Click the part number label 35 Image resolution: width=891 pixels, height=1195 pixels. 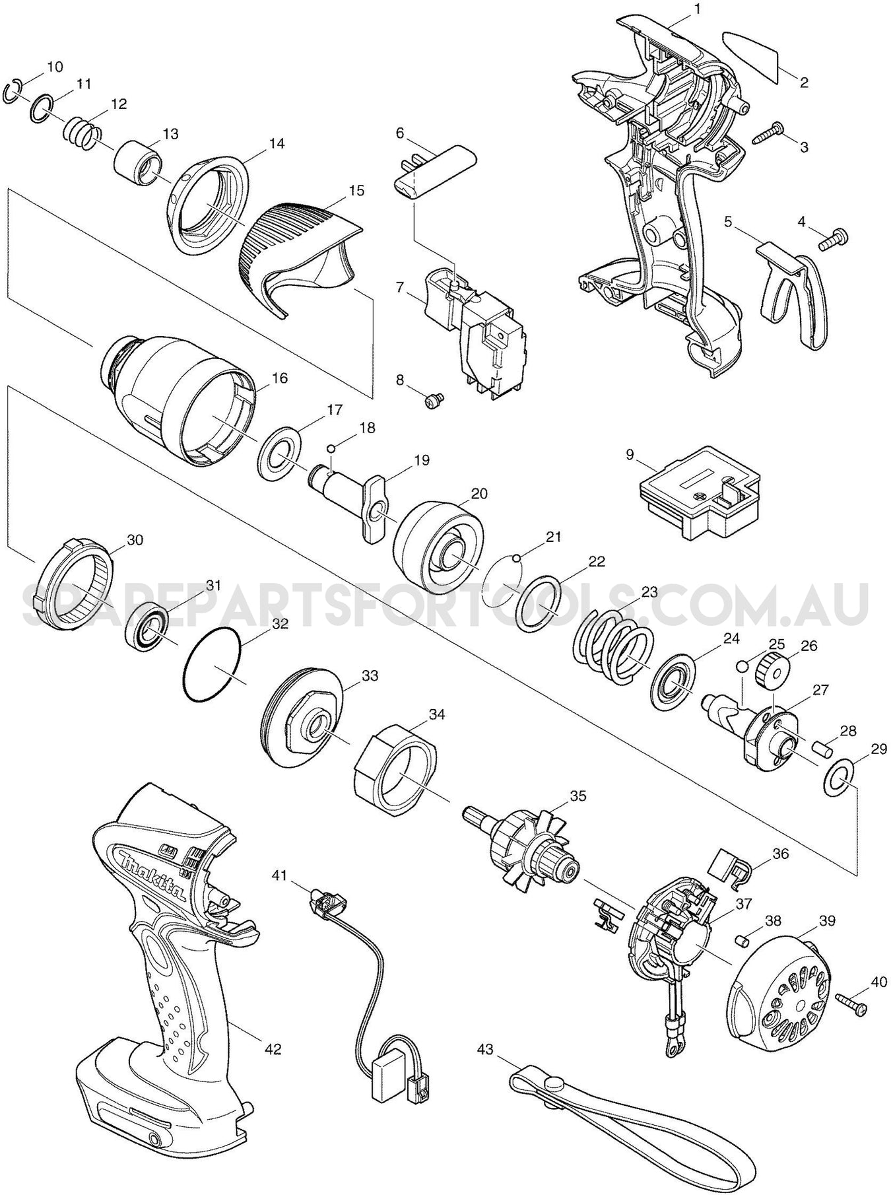pyautogui.click(x=577, y=796)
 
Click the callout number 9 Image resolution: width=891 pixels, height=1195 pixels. pyautogui.click(x=629, y=455)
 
